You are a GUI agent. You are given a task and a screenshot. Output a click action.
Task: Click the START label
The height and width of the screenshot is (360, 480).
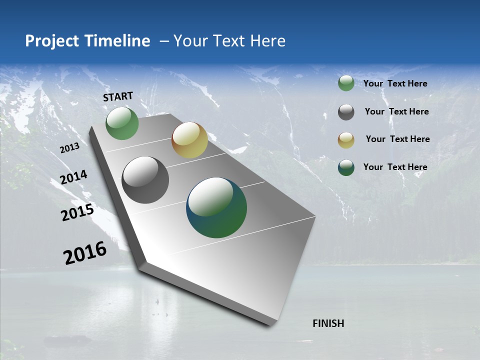tap(118, 96)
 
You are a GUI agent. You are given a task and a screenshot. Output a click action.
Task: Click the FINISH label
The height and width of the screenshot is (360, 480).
tap(328, 323)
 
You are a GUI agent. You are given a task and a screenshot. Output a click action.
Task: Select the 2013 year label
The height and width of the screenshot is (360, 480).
tap(69, 148)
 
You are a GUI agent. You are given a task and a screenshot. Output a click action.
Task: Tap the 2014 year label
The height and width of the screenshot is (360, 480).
tap(73, 177)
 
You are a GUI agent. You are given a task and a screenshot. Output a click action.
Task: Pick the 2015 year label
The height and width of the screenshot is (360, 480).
tap(77, 212)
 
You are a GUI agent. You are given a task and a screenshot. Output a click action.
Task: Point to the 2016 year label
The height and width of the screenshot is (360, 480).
tap(85, 253)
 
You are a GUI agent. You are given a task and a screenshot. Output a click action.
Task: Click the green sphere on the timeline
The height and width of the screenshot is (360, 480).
tap(122, 123)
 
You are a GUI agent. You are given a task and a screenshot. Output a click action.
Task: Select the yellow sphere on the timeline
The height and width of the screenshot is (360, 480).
tap(189, 140)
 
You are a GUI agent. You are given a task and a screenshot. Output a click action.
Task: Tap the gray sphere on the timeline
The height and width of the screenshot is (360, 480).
tap(145, 180)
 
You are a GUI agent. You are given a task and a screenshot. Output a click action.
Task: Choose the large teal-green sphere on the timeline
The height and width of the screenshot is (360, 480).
tap(216, 207)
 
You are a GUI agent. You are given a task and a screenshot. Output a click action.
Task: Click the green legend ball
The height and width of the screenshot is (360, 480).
tap(346, 83)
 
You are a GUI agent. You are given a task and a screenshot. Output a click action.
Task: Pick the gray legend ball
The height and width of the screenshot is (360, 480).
tap(346, 112)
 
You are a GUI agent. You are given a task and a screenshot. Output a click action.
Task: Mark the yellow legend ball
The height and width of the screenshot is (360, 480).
tap(346, 139)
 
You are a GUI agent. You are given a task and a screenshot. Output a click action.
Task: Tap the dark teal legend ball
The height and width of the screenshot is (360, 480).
tap(346, 167)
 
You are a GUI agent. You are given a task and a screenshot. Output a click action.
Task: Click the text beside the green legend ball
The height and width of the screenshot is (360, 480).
tap(395, 83)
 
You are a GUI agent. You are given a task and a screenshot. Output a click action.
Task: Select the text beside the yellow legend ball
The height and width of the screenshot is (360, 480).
tap(397, 139)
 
